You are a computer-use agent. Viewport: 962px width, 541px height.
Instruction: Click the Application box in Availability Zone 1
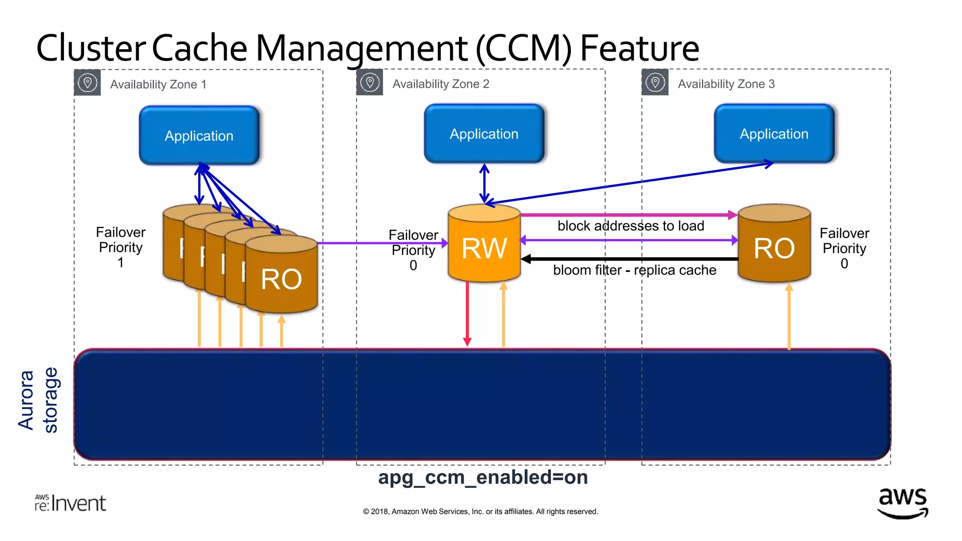(x=199, y=135)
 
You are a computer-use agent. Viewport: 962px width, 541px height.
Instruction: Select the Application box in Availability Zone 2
(x=484, y=134)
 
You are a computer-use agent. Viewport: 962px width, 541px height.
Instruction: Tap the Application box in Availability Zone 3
(x=774, y=134)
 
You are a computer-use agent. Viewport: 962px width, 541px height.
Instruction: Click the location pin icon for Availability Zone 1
(x=87, y=83)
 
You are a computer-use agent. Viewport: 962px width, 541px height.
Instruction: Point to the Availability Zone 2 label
(x=441, y=84)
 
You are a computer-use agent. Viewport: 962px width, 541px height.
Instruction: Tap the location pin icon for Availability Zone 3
(x=655, y=83)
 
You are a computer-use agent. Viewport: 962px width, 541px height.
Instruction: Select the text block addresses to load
(x=630, y=226)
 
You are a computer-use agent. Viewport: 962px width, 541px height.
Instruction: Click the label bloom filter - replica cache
(x=634, y=270)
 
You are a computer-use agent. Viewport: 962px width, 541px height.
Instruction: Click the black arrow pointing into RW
(x=629, y=259)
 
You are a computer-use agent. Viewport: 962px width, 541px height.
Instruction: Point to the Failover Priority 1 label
(x=121, y=247)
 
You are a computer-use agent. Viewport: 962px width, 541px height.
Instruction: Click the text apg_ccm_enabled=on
(x=483, y=477)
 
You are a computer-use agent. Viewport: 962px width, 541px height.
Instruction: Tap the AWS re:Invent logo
(x=70, y=503)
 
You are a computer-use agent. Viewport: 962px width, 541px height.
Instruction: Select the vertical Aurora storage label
(x=38, y=400)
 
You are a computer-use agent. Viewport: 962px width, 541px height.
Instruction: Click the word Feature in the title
(x=639, y=48)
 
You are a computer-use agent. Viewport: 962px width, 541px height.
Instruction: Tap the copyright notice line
(x=480, y=511)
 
